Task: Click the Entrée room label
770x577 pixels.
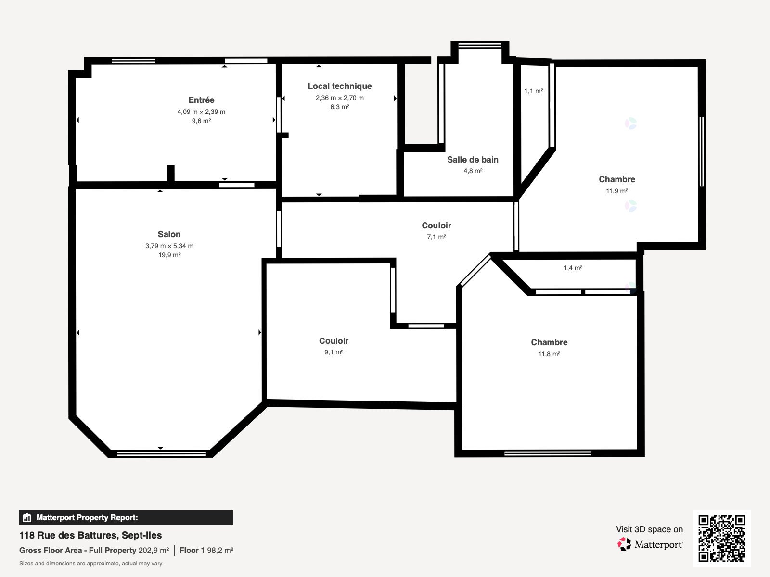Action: click(201, 100)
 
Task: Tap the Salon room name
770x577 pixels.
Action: click(169, 234)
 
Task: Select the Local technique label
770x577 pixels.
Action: click(340, 86)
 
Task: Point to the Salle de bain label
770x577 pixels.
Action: click(473, 160)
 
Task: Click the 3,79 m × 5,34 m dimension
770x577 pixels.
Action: click(169, 246)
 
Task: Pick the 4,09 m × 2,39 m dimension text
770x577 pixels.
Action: click(201, 112)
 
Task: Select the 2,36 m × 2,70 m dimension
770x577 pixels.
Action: click(340, 98)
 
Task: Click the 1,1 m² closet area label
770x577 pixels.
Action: click(534, 91)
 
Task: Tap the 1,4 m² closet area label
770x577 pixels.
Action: click(573, 268)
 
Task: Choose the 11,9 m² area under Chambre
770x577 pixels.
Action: click(616, 191)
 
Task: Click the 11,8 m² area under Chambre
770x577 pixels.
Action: click(549, 354)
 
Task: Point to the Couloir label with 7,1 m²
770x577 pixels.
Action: click(436, 225)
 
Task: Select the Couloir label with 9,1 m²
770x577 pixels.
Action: click(334, 341)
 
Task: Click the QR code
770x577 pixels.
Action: click(721, 538)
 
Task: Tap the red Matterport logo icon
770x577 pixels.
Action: click(624, 544)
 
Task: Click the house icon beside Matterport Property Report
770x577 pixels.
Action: click(27, 517)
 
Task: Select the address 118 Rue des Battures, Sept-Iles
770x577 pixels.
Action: click(90, 535)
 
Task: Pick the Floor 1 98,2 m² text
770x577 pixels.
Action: click(206, 551)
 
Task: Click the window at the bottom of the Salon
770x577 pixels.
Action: click(161, 454)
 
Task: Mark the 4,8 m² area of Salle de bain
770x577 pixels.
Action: click(473, 171)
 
